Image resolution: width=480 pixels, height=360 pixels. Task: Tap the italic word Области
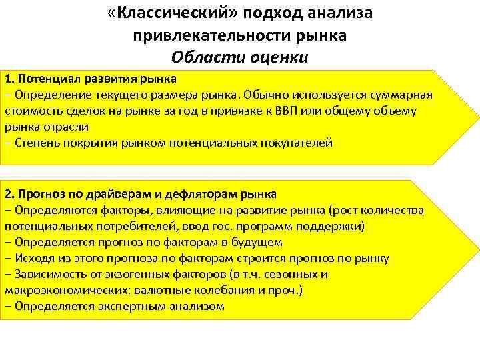(204, 57)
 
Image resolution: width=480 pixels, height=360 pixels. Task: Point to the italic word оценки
(273, 57)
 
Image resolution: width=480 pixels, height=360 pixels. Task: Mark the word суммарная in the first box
(403, 95)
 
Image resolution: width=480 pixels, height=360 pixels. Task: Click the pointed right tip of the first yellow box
(479, 117)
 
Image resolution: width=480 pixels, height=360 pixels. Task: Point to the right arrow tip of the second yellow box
(479, 250)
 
